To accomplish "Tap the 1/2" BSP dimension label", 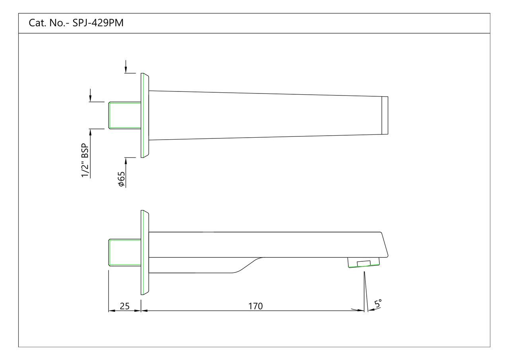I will (85, 164).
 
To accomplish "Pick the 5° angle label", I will (377, 304).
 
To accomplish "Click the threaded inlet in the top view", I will (124, 115).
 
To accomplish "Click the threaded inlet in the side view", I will (124, 252).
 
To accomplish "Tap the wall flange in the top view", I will (144, 115).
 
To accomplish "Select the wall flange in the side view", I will (144, 252).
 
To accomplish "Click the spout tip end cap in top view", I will (385, 115).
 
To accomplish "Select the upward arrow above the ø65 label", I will (126, 160).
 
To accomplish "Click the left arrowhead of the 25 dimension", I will (112, 311).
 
